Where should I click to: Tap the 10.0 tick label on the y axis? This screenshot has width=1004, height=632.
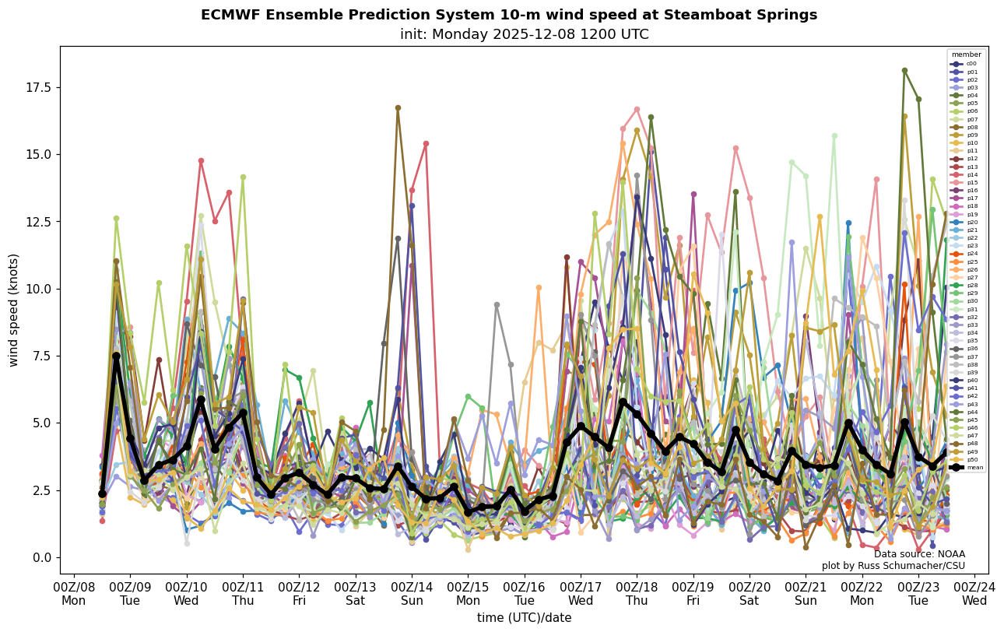37,289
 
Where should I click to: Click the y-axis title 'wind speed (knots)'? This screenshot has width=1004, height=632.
13,310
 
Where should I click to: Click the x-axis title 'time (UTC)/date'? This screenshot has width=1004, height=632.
524,618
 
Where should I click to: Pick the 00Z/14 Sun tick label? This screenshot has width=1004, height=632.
412,594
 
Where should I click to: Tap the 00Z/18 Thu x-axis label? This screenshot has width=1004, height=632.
637,594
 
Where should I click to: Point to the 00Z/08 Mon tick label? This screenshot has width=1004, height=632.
74,594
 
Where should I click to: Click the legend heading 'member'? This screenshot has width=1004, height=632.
966,54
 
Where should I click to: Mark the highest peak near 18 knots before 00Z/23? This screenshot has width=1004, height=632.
904,70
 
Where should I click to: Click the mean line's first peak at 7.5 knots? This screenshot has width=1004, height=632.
116,356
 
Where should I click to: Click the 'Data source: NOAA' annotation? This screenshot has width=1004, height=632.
919,554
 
